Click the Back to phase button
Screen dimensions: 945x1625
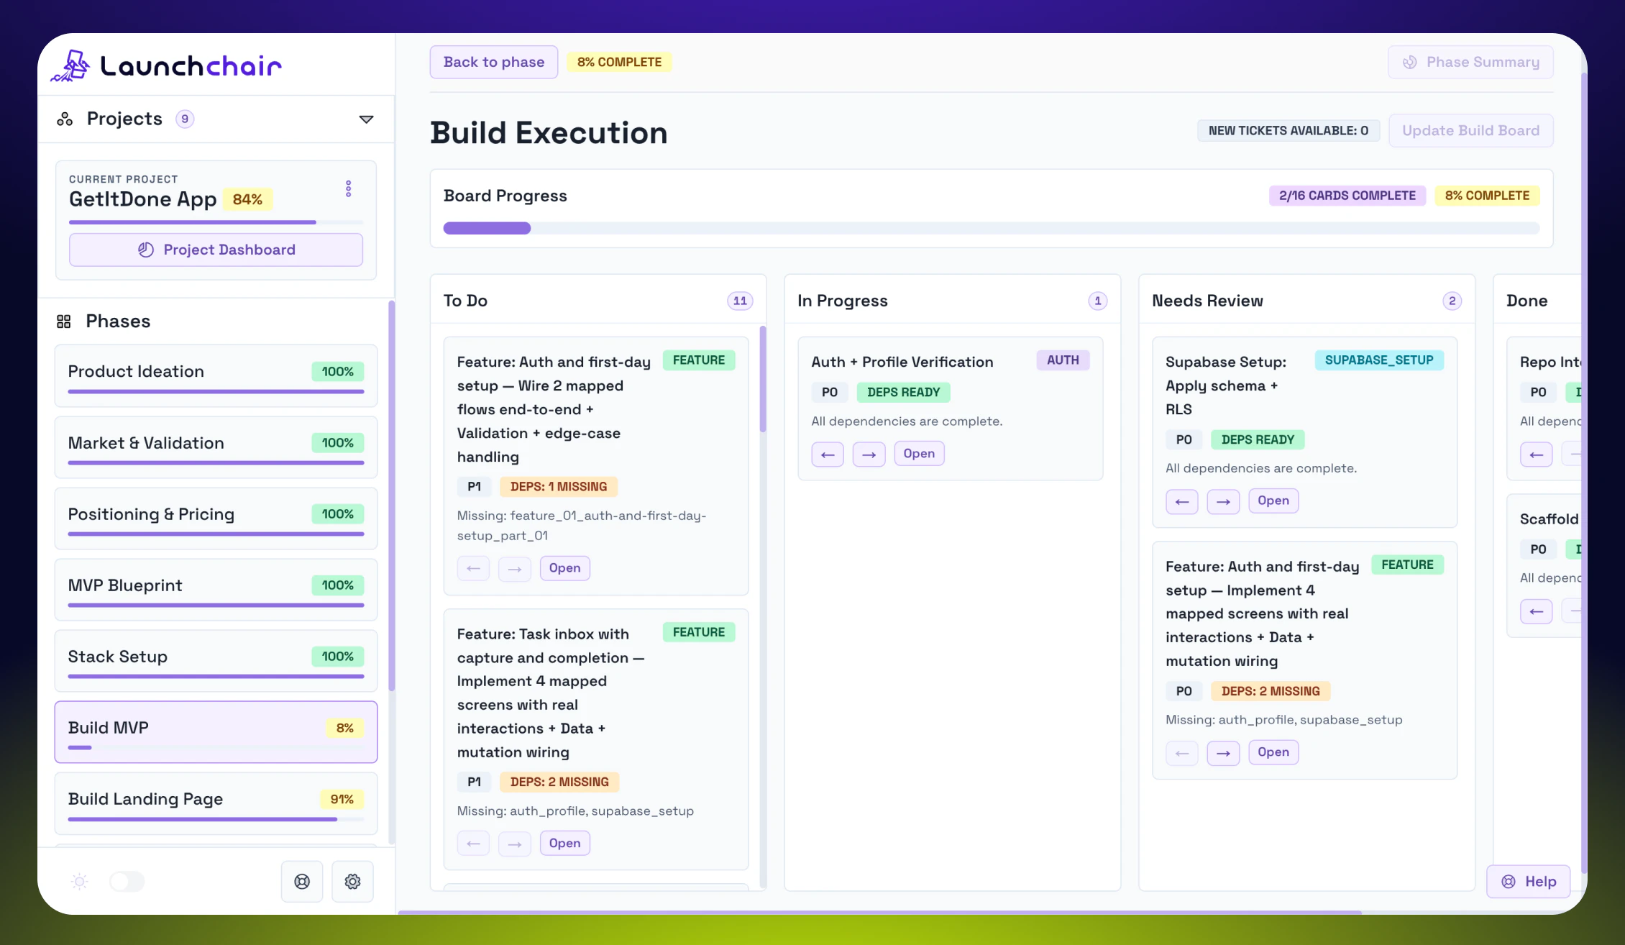coord(493,62)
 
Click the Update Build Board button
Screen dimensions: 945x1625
coord(1470,130)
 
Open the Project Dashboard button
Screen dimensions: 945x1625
coord(216,250)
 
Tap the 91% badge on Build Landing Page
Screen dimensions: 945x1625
coord(342,799)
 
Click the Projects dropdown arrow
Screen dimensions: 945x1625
coord(366,119)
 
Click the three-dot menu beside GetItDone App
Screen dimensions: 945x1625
coord(349,189)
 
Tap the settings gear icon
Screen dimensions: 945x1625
coord(352,881)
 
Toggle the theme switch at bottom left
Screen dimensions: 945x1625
coord(127,881)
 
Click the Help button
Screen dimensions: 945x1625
coord(1529,881)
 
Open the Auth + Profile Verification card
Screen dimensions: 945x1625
coord(918,454)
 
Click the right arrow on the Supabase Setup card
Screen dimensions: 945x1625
coord(1223,501)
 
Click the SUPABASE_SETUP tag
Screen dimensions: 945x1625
coord(1378,360)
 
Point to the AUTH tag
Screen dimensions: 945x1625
coord(1062,360)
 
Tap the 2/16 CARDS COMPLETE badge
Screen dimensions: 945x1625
coord(1347,196)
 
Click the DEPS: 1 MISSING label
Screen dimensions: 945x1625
coord(558,487)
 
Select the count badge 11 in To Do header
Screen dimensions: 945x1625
coord(740,301)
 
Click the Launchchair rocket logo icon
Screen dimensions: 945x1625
coord(71,65)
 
